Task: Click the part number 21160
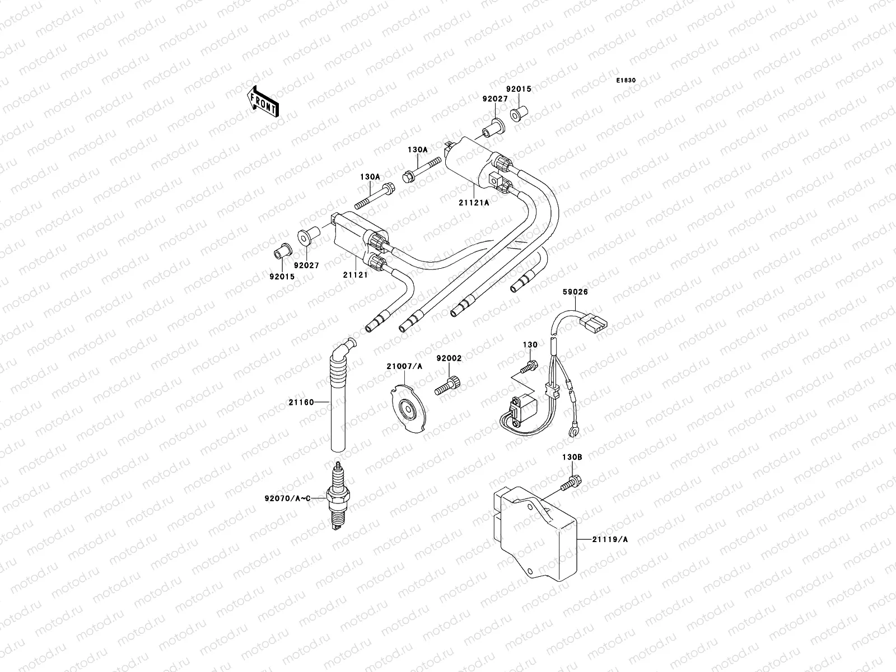(301, 402)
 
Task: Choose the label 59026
(575, 292)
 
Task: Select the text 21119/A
(610, 539)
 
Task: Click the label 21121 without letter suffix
(356, 276)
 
